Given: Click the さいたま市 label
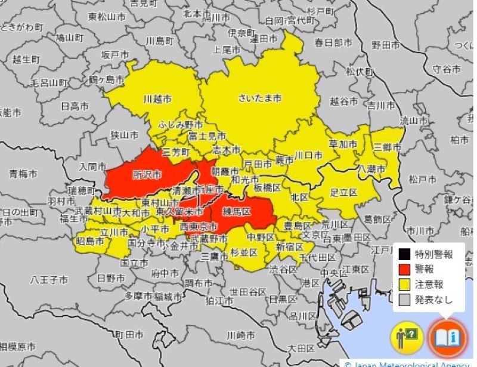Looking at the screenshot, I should tap(259, 98).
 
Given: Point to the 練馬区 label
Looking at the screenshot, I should tap(237, 211).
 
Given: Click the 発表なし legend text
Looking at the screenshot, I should tap(433, 300).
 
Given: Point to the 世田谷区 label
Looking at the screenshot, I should tap(249, 291).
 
